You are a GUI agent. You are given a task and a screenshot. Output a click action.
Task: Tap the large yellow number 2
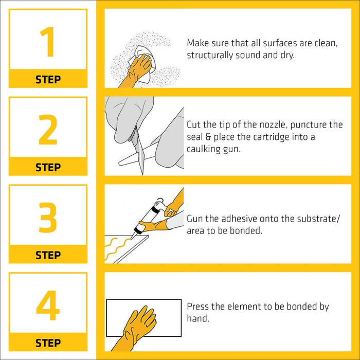coord(48,130)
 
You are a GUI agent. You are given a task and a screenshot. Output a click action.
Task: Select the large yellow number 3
coord(48,217)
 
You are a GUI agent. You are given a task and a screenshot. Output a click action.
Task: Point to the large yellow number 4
coord(48,305)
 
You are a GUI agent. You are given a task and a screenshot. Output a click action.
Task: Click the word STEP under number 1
coord(48,80)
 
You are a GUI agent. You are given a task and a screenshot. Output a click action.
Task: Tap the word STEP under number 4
coord(48,343)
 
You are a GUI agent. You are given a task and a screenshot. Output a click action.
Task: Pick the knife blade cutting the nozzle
coord(138,152)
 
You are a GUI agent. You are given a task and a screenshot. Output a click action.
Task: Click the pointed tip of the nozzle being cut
coord(120,164)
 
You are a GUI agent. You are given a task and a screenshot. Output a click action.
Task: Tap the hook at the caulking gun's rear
coord(160,200)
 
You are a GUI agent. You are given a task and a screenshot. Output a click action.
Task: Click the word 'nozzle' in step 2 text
coord(273,124)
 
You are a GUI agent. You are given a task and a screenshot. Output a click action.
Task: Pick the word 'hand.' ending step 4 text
coord(198,318)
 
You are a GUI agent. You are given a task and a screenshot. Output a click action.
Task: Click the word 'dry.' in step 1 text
coord(287,56)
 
